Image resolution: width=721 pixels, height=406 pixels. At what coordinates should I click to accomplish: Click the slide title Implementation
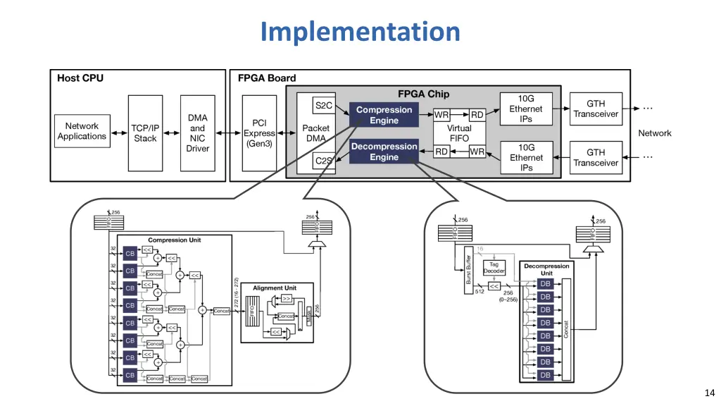[x=360, y=32]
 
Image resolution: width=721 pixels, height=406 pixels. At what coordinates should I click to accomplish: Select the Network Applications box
[x=82, y=132]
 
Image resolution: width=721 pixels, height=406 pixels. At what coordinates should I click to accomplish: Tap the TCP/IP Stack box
[x=145, y=133]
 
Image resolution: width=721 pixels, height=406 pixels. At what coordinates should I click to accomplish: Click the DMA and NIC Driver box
[x=198, y=133]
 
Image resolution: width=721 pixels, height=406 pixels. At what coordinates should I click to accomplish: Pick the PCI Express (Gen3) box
[x=260, y=133]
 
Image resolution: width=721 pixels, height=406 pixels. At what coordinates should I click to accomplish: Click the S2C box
[x=323, y=106]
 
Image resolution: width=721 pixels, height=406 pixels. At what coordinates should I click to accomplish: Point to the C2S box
[x=323, y=161]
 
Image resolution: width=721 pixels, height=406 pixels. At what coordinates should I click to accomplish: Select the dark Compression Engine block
[x=384, y=115]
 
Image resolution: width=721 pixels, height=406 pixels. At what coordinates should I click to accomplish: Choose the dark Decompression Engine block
[x=384, y=152]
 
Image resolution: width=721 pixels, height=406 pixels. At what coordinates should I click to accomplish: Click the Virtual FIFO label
[x=459, y=133]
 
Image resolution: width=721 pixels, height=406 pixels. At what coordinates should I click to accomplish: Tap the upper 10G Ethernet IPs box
[x=526, y=109]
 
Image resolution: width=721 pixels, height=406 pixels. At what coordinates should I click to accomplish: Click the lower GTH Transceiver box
[x=596, y=157]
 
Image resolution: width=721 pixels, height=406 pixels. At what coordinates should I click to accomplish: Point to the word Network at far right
[x=654, y=133]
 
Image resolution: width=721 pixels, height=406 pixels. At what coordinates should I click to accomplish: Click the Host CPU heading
[x=80, y=78]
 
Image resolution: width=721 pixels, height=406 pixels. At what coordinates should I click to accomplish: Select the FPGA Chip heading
[x=423, y=94]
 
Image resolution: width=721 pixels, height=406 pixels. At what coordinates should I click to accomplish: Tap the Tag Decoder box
[x=494, y=268]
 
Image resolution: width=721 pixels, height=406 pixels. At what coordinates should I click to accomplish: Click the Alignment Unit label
[x=275, y=288]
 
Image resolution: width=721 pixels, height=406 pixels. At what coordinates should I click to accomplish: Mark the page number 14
[x=708, y=393]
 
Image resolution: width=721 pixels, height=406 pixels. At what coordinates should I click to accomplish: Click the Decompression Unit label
[x=546, y=270]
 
